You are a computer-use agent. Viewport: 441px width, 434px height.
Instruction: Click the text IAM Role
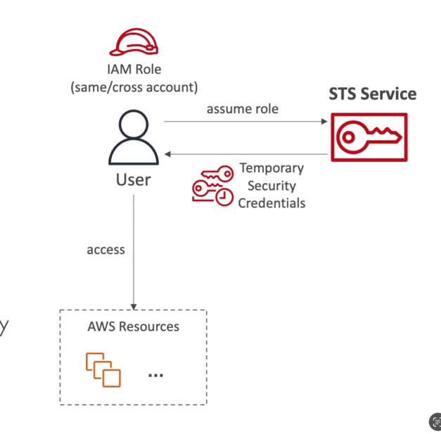coord(134,70)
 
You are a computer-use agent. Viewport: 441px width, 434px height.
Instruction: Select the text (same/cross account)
coord(134,87)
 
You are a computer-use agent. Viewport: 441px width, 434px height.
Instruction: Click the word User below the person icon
coord(133,180)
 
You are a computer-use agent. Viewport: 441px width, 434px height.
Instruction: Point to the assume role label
coord(242,109)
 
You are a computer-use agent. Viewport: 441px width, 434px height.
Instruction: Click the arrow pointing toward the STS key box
coord(246,122)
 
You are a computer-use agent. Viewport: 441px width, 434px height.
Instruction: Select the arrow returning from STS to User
coord(246,153)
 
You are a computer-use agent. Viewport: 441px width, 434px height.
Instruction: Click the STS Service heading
coord(372,94)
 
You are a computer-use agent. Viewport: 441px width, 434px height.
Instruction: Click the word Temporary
coord(271,168)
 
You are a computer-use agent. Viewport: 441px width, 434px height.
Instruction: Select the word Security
coord(271,186)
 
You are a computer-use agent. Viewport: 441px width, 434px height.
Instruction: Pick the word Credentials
coord(271,203)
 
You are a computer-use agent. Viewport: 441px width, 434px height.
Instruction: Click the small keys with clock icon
coord(212,186)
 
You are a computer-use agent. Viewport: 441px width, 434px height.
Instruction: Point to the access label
coord(106,250)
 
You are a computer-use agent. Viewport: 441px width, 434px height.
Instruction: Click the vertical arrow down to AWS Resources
coord(134,253)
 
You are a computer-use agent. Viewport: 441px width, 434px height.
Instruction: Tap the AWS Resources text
coord(133,326)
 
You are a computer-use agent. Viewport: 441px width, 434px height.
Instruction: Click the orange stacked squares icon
coord(103,370)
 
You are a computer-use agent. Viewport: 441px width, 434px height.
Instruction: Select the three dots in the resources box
coord(155,375)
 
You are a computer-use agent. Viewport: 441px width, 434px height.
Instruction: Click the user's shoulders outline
coord(134,153)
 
